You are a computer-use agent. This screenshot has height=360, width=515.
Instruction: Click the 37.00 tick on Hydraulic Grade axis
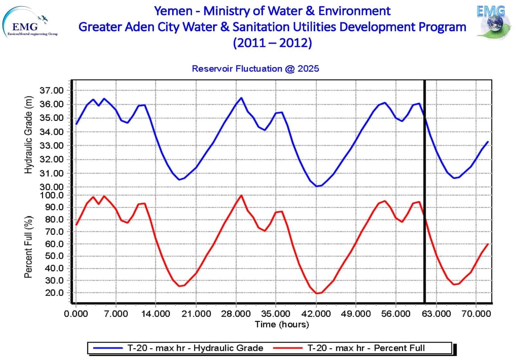tap(51, 91)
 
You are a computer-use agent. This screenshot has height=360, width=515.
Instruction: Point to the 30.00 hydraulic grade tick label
tap(51, 187)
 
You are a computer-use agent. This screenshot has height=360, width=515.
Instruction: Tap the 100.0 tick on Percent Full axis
tap(52, 195)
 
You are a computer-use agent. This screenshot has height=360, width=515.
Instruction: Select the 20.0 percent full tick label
tap(54, 293)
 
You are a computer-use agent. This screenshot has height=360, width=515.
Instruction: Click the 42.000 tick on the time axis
tap(316, 314)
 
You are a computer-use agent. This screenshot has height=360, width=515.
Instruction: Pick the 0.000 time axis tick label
tap(76, 314)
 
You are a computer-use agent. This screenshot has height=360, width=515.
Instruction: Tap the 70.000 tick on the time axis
tap(476, 314)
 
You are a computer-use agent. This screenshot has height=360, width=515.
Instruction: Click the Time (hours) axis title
tap(282, 324)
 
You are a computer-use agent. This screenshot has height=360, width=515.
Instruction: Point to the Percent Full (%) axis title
tap(29, 247)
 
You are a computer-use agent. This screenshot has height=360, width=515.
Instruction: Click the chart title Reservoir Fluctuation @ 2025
tap(255, 69)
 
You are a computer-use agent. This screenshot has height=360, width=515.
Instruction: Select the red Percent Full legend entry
tap(349, 348)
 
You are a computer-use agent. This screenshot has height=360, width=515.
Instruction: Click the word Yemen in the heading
tap(173, 11)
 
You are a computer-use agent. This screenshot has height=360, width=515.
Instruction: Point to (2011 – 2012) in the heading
tap(272, 42)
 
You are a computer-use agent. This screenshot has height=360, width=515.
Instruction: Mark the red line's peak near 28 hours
tap(241, 195)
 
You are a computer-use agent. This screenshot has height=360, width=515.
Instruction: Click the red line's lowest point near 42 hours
tap(317, 293)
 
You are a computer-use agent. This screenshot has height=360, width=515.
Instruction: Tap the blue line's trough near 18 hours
tap(179, 180)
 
